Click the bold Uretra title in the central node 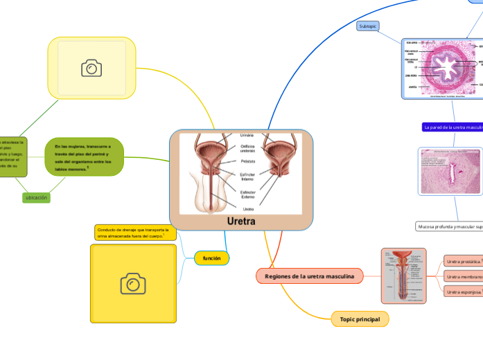[x=241, y=222]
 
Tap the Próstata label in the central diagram [x=247, y=161]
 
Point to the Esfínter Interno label [x=247, y=177]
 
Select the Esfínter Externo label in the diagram [x=247, y=194]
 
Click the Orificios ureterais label [x=247, y=147]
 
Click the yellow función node [x=211, y=258]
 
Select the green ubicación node [x=36, y=197]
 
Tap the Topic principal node [x=360, y=318]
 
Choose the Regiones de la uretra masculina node [x=309, y=276]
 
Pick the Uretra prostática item [x=463, y=262]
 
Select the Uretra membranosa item [x=463, y=277]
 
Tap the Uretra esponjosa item [x=463, y=292]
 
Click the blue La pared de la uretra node [x=452, y=127]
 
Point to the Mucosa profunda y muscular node [x=449, y=226]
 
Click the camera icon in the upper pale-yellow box [x=91, y=68]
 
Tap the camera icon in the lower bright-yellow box [x=133, y=283]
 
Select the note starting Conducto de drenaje [x=135, y=233]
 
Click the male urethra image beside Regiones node [x=408, y=276]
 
